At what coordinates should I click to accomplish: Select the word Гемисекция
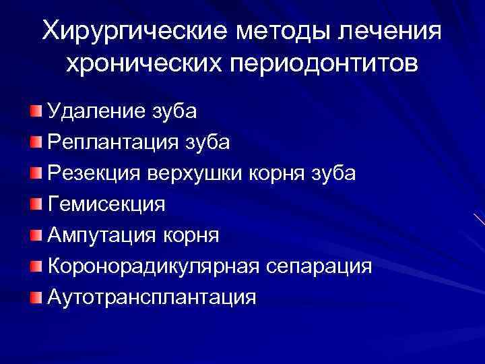[106, 204]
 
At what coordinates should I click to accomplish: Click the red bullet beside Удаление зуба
[35, 110]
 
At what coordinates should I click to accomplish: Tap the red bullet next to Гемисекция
[35, 203]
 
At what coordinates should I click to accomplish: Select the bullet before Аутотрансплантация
[35, 296]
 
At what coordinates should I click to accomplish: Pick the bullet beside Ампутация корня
[35, 234]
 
